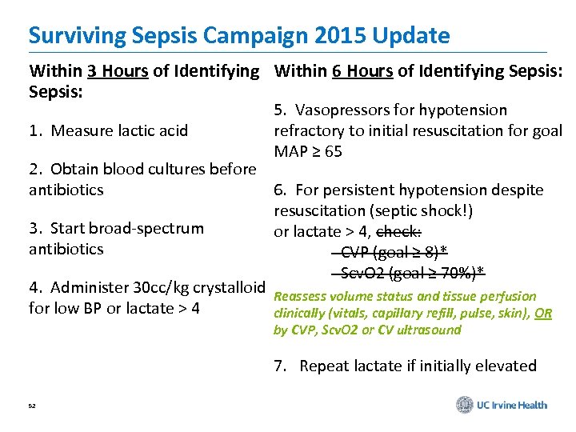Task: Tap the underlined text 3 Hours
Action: [x=118, y=71]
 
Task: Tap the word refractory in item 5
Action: [x=306, y=130]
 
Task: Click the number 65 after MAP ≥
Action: [x=333, y=151]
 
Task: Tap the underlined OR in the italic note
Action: [x=544, y=314]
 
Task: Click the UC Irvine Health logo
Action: [x=502, y=405]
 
